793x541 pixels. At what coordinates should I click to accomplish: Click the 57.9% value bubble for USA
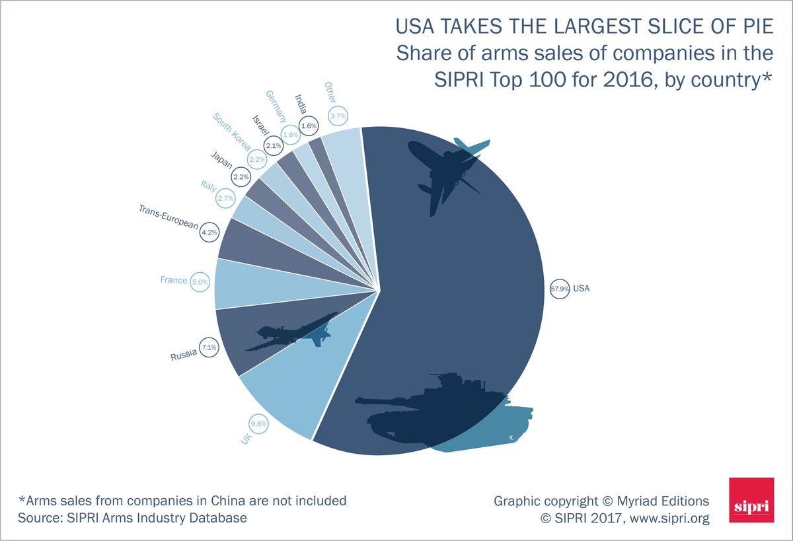click(x=559, y=289)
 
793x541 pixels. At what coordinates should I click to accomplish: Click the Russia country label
click(x=184, y=356)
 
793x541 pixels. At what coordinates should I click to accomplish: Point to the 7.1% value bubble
click(x=209, y=346)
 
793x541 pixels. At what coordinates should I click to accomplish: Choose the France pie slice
click(x=251, y=283)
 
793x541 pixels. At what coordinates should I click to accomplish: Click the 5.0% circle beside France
click(x=200, y=281)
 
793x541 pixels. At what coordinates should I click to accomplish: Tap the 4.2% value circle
click(x=209, y=232)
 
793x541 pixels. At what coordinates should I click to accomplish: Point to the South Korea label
click(x=231, y=131)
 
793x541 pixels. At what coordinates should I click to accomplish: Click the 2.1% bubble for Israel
click(x=273, y=145)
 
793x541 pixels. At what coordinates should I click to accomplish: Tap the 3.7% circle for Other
click(x=338, y=116)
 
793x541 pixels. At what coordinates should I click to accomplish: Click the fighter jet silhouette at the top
click(x=445, y=172)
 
